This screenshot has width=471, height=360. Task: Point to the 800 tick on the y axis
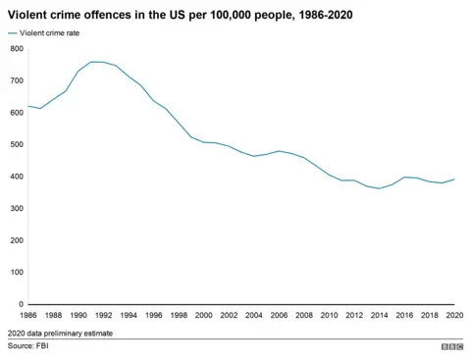(x=17, y=49)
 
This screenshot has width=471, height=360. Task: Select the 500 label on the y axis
(x=17, y=144)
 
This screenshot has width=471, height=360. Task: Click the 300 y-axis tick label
(x=17, y=208)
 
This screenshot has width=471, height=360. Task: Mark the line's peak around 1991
(x=91, y=62)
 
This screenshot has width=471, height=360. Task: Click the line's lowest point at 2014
(x=379, y=188)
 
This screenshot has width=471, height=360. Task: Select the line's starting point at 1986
(x=28, y=106)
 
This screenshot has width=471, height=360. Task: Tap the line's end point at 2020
(x=454, y=180)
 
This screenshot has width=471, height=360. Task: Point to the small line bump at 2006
(x=279, y=151)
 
